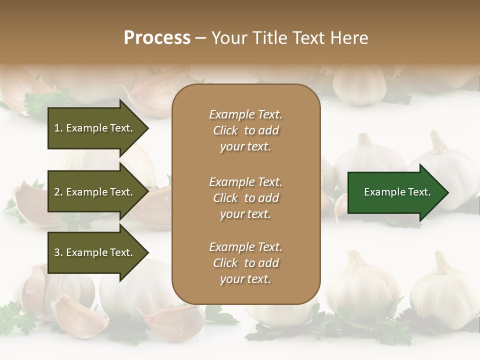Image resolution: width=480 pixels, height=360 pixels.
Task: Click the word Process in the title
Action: click(157, 38)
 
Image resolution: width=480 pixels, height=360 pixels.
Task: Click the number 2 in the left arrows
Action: click(57, 192)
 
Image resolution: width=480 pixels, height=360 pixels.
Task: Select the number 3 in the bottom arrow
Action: click(57, 252)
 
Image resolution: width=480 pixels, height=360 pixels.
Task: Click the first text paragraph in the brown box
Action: click(245, 130)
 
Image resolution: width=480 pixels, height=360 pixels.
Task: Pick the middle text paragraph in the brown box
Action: click(245, 198)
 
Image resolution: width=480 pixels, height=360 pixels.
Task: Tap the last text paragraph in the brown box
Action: click(245, 263)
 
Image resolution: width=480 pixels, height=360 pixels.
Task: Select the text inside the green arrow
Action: click(397, 192)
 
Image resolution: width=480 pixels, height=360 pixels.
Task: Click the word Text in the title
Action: click(310, 38)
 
